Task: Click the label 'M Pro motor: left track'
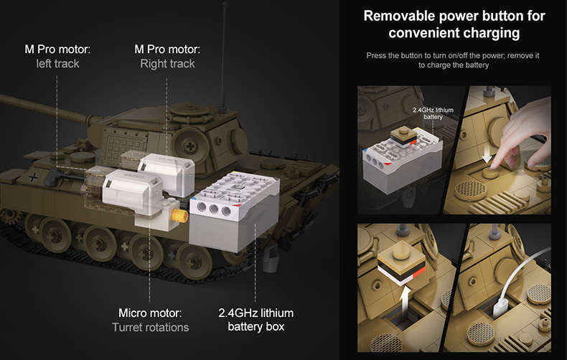(57, 57)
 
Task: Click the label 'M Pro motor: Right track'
(167, 57)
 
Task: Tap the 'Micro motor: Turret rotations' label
(151, 320)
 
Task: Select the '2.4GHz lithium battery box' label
(256, 320)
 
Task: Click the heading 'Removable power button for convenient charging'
(454, 24)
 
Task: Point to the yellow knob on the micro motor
(179, 215)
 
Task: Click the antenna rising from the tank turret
(224, 57)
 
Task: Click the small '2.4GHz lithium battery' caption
(433, 113)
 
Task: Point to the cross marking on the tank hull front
(33, 176)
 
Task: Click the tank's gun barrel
(43, 108)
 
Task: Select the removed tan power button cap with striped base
(402, 262)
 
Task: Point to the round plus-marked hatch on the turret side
(190, 146)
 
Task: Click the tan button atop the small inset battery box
(403, 136)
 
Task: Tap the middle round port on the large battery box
(214, 209)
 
